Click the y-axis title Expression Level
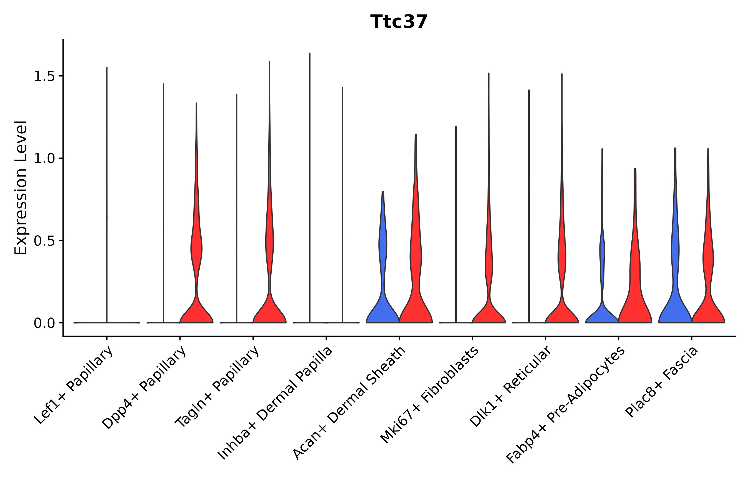21,188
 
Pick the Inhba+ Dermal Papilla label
276,403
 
